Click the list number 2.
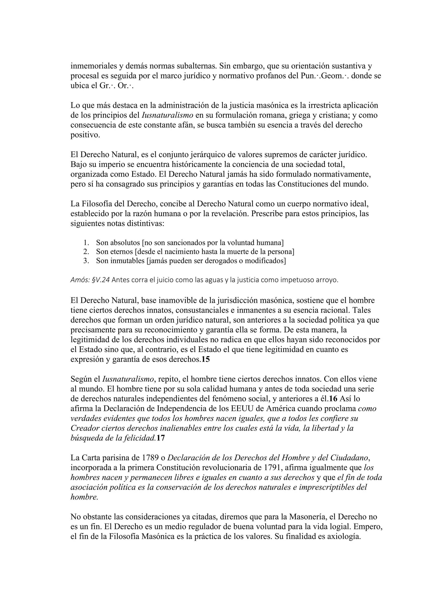tap(86, 252)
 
